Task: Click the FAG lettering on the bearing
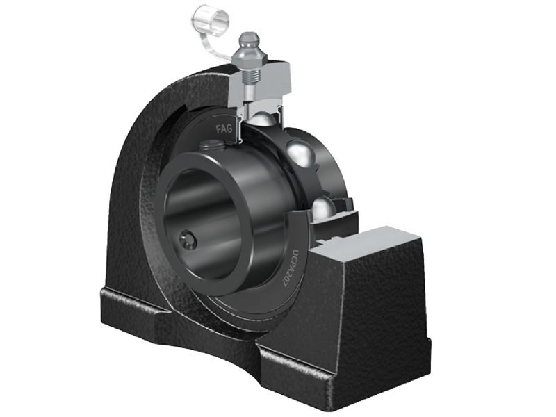pyautogui.click(x=224, y=129)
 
